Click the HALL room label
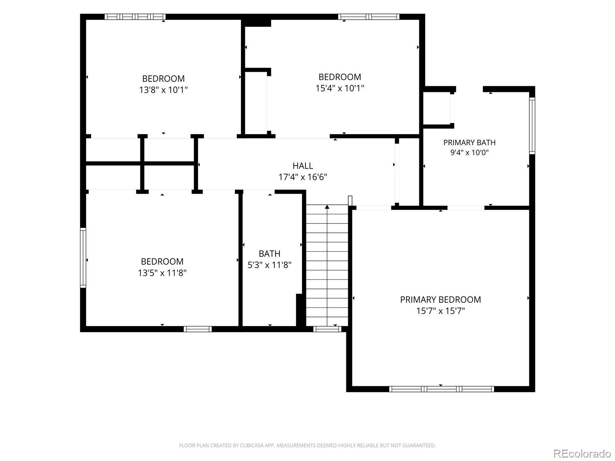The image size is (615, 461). (x=303, y=166)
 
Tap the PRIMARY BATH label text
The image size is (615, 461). (x=469, y=143)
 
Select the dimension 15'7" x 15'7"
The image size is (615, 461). (x=440, y=311)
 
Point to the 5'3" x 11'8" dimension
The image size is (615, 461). (x=269, y=265)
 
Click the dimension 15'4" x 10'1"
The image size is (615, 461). (x=339, y=88)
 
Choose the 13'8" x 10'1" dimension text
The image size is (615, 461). (x=163, y=90)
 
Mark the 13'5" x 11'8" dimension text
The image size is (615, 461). (x=162, y=273)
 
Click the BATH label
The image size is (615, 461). (x=269, y=254)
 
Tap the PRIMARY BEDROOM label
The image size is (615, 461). (x=440, y=300)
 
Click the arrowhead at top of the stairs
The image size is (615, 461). (x=327, y=207)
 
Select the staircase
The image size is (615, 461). (x=327, y=265)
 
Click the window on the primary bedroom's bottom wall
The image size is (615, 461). (x=441, y=389)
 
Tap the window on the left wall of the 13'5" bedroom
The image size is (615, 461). (x=83, y=257)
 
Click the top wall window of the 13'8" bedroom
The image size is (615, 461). (x=135, y=17)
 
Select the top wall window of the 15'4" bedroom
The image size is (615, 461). (x=369, y=17)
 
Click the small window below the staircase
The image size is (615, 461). (x=327, y=329)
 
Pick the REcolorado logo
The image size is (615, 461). (x=582, y=453)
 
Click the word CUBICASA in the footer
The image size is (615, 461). (x=251, y=445)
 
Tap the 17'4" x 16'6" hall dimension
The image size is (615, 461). (x=303, y=177)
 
